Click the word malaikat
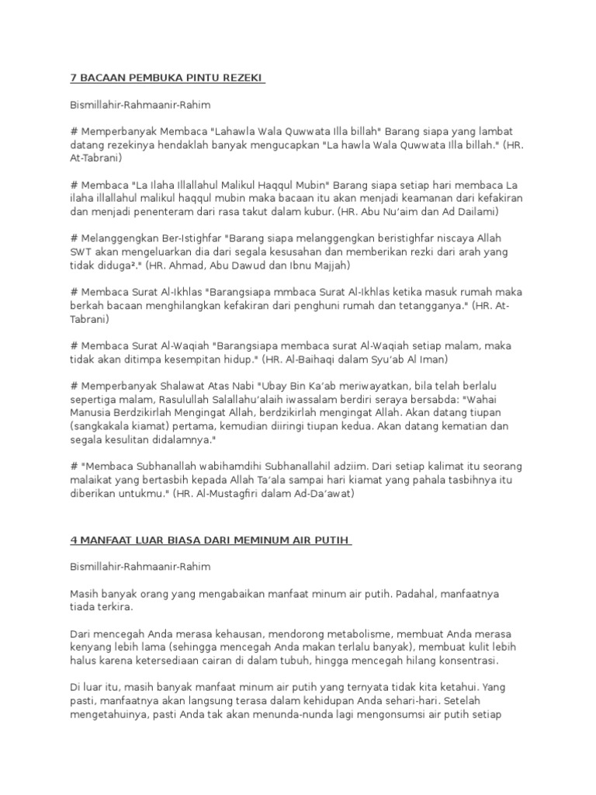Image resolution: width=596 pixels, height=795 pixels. [92, 481]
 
